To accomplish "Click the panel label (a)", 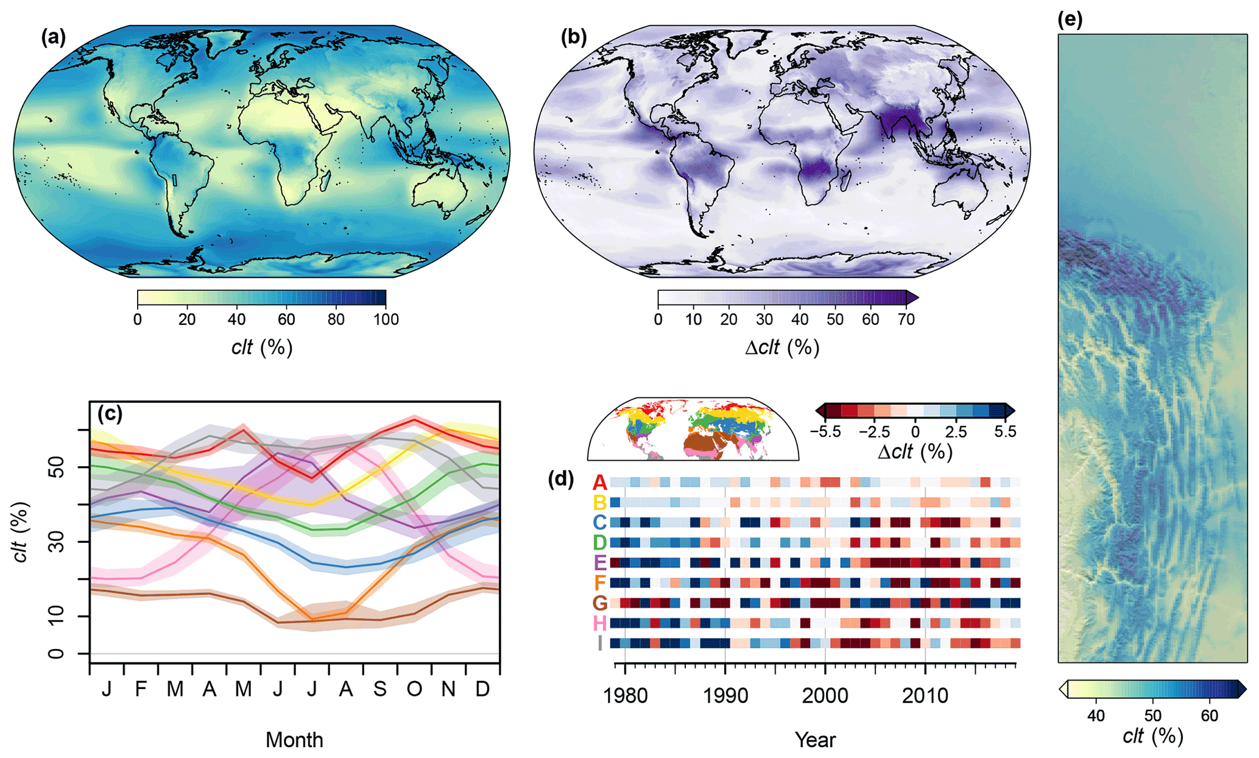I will [53, 38].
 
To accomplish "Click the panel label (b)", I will [573, 38].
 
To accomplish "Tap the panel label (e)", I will [1070, 19].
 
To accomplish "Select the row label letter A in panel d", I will [600, 483].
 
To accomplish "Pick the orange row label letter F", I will [600, 583].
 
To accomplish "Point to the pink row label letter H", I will [600, 623].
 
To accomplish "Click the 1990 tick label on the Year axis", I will [725, 695].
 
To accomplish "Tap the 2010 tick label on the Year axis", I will [925, 695].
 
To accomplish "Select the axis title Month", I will [294, 740].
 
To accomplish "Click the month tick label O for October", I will [414, 689].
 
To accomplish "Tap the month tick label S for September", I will [380, 689].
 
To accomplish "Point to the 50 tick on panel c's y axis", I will [55, 467].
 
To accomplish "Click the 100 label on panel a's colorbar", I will [386, 319].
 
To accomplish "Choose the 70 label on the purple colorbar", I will [906, 319].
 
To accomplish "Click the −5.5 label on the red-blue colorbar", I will [826, 432].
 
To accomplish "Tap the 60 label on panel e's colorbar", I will [1209, 715].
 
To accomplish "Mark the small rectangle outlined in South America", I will [175, 180].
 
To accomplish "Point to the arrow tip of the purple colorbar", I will [917, 297].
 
